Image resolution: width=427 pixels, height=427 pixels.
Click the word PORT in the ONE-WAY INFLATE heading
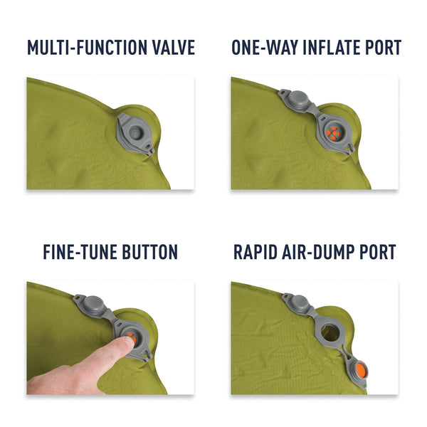click(x=384, y=48)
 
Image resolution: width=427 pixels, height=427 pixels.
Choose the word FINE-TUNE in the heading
click(x=80, y=252)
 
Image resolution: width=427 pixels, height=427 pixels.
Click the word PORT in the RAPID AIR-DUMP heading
click(x=382, y=252)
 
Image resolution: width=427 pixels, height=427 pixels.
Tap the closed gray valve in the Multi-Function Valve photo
click(x=135, y=132)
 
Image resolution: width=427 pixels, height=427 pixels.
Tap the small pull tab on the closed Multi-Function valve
click(x=151, y=151)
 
